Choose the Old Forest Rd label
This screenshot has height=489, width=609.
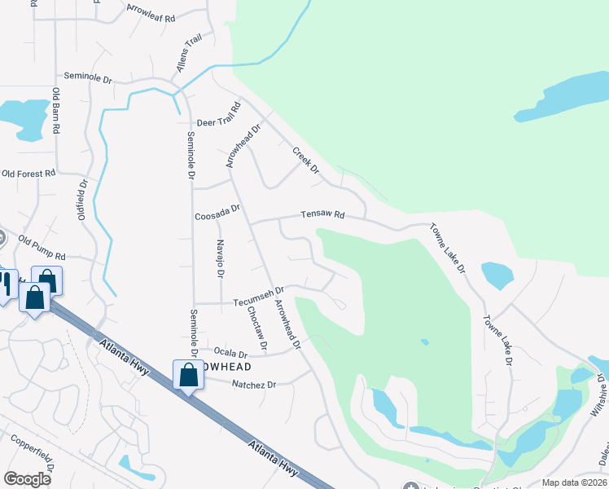[x=28, y=174]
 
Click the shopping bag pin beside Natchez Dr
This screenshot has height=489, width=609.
[x=189, y=376]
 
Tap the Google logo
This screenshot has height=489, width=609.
[x=27, y=479]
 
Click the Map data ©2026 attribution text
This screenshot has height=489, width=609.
[x=574, y=482]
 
